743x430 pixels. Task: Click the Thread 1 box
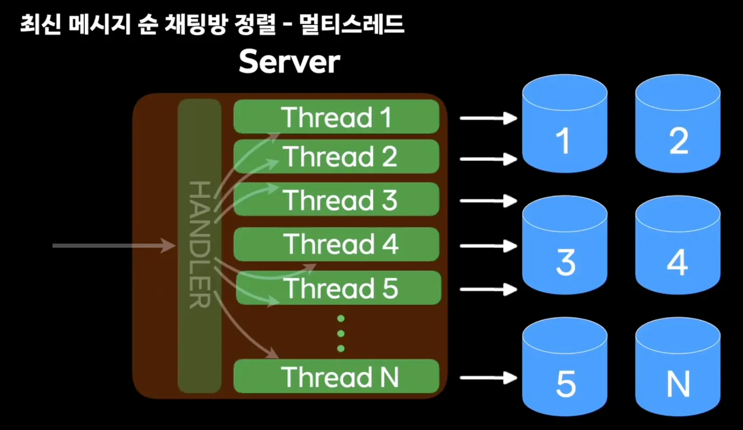click(x=337, y=117)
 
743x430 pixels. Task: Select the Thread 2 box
click(x=337, y=156)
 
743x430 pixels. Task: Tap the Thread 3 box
click(x=337, y=199)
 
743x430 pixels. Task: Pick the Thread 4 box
click(x=337, y=244)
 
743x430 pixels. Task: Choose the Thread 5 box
click(x=338, y=288)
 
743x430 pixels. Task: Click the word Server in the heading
click(x=289, y=63)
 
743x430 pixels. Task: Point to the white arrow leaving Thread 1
click(x=488, y=118)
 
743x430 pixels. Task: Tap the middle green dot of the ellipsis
click(x=341, y=333)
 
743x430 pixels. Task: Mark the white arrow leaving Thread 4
click(x=488, y=245)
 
